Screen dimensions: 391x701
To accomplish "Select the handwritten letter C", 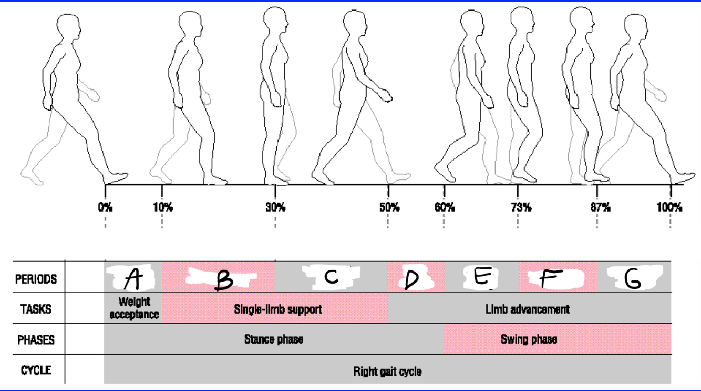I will [x=331, y=277].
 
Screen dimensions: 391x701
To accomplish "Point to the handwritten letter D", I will [x=412, y=279].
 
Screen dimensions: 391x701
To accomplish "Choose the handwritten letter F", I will [x=549, y=278].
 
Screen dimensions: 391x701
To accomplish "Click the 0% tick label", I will [x=105, y=207].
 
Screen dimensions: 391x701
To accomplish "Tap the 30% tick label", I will [x=275, y=207].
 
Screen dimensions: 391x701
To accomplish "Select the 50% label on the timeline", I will [x=388, y=207].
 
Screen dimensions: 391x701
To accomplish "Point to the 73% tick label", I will [x=520, y=207].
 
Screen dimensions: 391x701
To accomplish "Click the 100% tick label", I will [x=669, y=207].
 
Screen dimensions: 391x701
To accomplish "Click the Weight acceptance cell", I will [x=134, y=308].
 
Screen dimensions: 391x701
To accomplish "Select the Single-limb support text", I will [x=277, y=309].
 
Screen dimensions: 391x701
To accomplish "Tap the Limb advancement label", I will [x=527, y=309].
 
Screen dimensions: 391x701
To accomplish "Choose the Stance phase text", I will [x=273, y=339].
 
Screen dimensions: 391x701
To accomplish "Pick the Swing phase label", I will [x=529, y=339].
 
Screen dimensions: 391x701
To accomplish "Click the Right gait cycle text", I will [x=387, y=372].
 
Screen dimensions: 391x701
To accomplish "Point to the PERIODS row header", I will [x=36, y=279].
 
